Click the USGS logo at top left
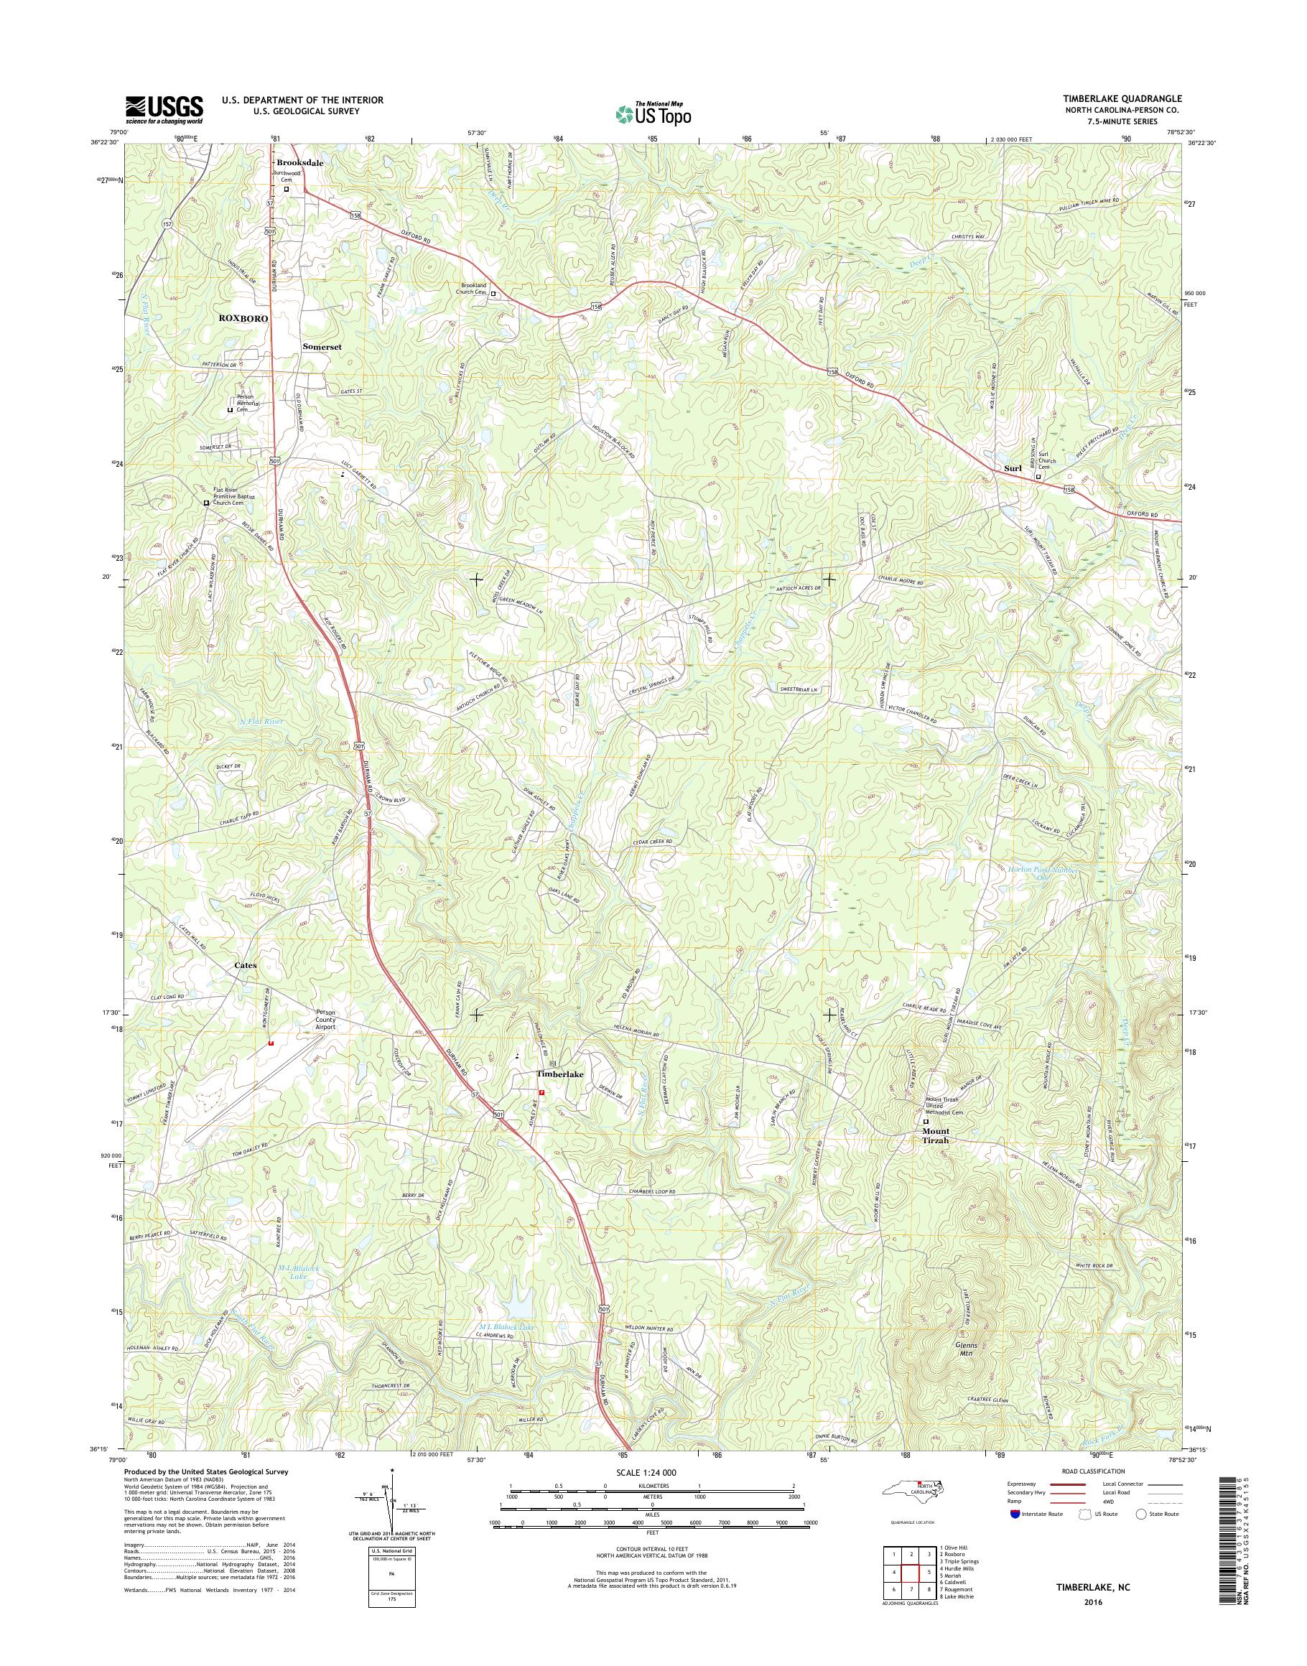coord(164,109)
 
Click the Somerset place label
coord(322,346)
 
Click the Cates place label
coord(246,965)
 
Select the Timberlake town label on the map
coord(559,1074)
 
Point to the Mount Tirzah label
coord(935,1135)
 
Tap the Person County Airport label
coord(326,1020)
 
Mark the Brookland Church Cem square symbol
coord(493,293)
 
